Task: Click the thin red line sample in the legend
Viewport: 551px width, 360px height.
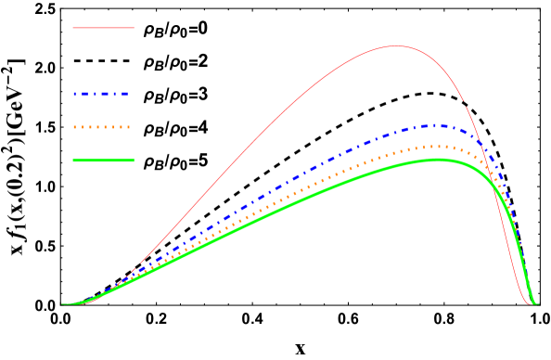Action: pyautogui.click(x=103, y=28)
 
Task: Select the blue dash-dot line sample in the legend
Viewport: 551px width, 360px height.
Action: pyautogui.click(x=100, y=94)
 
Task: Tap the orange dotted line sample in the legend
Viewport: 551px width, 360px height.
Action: pyautogui.click(x=101, y=127)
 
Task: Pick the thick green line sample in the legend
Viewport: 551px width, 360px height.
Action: pyautogui.click(x=103, y=161)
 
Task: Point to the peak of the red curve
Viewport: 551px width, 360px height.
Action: pyautogui.click(x=395, y=46)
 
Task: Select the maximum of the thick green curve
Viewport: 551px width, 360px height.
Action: pyautogui.click(x=438, y=160)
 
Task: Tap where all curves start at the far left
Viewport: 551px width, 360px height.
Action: pyautogui.click(x=63, y=304)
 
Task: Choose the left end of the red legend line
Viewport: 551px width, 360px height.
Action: pyautogui.click(x=73, y=28)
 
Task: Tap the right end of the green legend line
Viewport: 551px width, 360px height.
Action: pyautogui.click(x=134, y=161)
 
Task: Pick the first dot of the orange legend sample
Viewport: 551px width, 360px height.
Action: pyautogui.click(x=75, y=127)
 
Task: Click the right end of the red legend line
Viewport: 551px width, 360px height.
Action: pyautogui.click(x=134, y=28)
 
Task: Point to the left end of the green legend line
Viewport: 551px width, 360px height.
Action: pyautogui.click(x=73, y=161)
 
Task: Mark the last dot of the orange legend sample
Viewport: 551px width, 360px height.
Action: pyautogui.click(x=127, y=127)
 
